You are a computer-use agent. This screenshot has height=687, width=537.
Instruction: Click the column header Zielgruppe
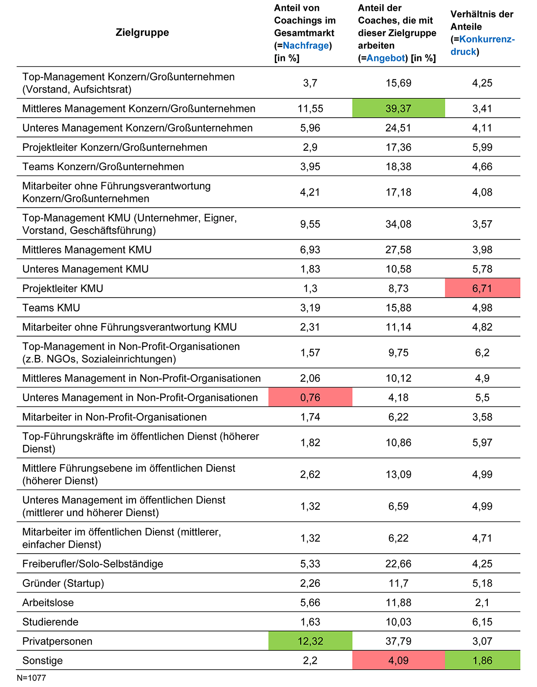pyautogui.click(x=142, y=32)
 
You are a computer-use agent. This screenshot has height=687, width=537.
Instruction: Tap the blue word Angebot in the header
pyautogui.click(x=386, y=58)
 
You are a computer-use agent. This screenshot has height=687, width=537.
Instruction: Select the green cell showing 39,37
pyautogui.click(x=398, y=108)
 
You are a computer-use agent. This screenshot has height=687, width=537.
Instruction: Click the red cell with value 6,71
pyautogui.click(x=482, y=288)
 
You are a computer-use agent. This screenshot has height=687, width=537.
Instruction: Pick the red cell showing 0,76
pyautogui.click(x=310, y=397)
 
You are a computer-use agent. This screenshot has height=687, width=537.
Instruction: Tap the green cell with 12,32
pyautogui.click(x=310, y=641)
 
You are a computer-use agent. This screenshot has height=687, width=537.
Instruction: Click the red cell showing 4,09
pyautogui.click(x=398, y=660)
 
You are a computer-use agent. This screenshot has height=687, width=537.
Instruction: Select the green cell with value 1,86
pyautogui.click(x=482, y=660)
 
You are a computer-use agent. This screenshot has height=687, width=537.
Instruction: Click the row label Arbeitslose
pyautogui.click(x=48, y=602)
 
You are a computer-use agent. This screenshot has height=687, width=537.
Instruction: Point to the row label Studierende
pyautogui.click(x=50, y=622)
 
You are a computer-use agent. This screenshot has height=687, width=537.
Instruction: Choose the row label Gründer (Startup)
pyautogui.click(x=63, y=583)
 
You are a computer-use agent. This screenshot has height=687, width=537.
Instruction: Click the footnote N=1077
pyautogui.click(x=31, y=678)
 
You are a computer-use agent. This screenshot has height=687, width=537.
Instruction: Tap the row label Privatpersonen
pyautogui.click(x=57, y=641)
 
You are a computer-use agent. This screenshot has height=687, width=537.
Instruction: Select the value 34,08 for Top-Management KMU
pyautogui.click(x=398, y=224)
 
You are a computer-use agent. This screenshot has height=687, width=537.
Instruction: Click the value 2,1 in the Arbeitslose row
pyautogui.click(x=482, y=602)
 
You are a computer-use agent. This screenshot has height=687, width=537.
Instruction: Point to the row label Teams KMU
pyautogui.click(x=51, y=307)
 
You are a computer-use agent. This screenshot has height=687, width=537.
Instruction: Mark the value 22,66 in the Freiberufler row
pyautogui.click(x=398, y=564)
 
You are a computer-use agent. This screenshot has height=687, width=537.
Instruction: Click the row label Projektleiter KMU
pyautogui.click(x=63, y=288)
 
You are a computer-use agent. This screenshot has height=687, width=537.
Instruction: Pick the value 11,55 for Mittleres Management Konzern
pyautogui.click(x=310, y=108)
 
